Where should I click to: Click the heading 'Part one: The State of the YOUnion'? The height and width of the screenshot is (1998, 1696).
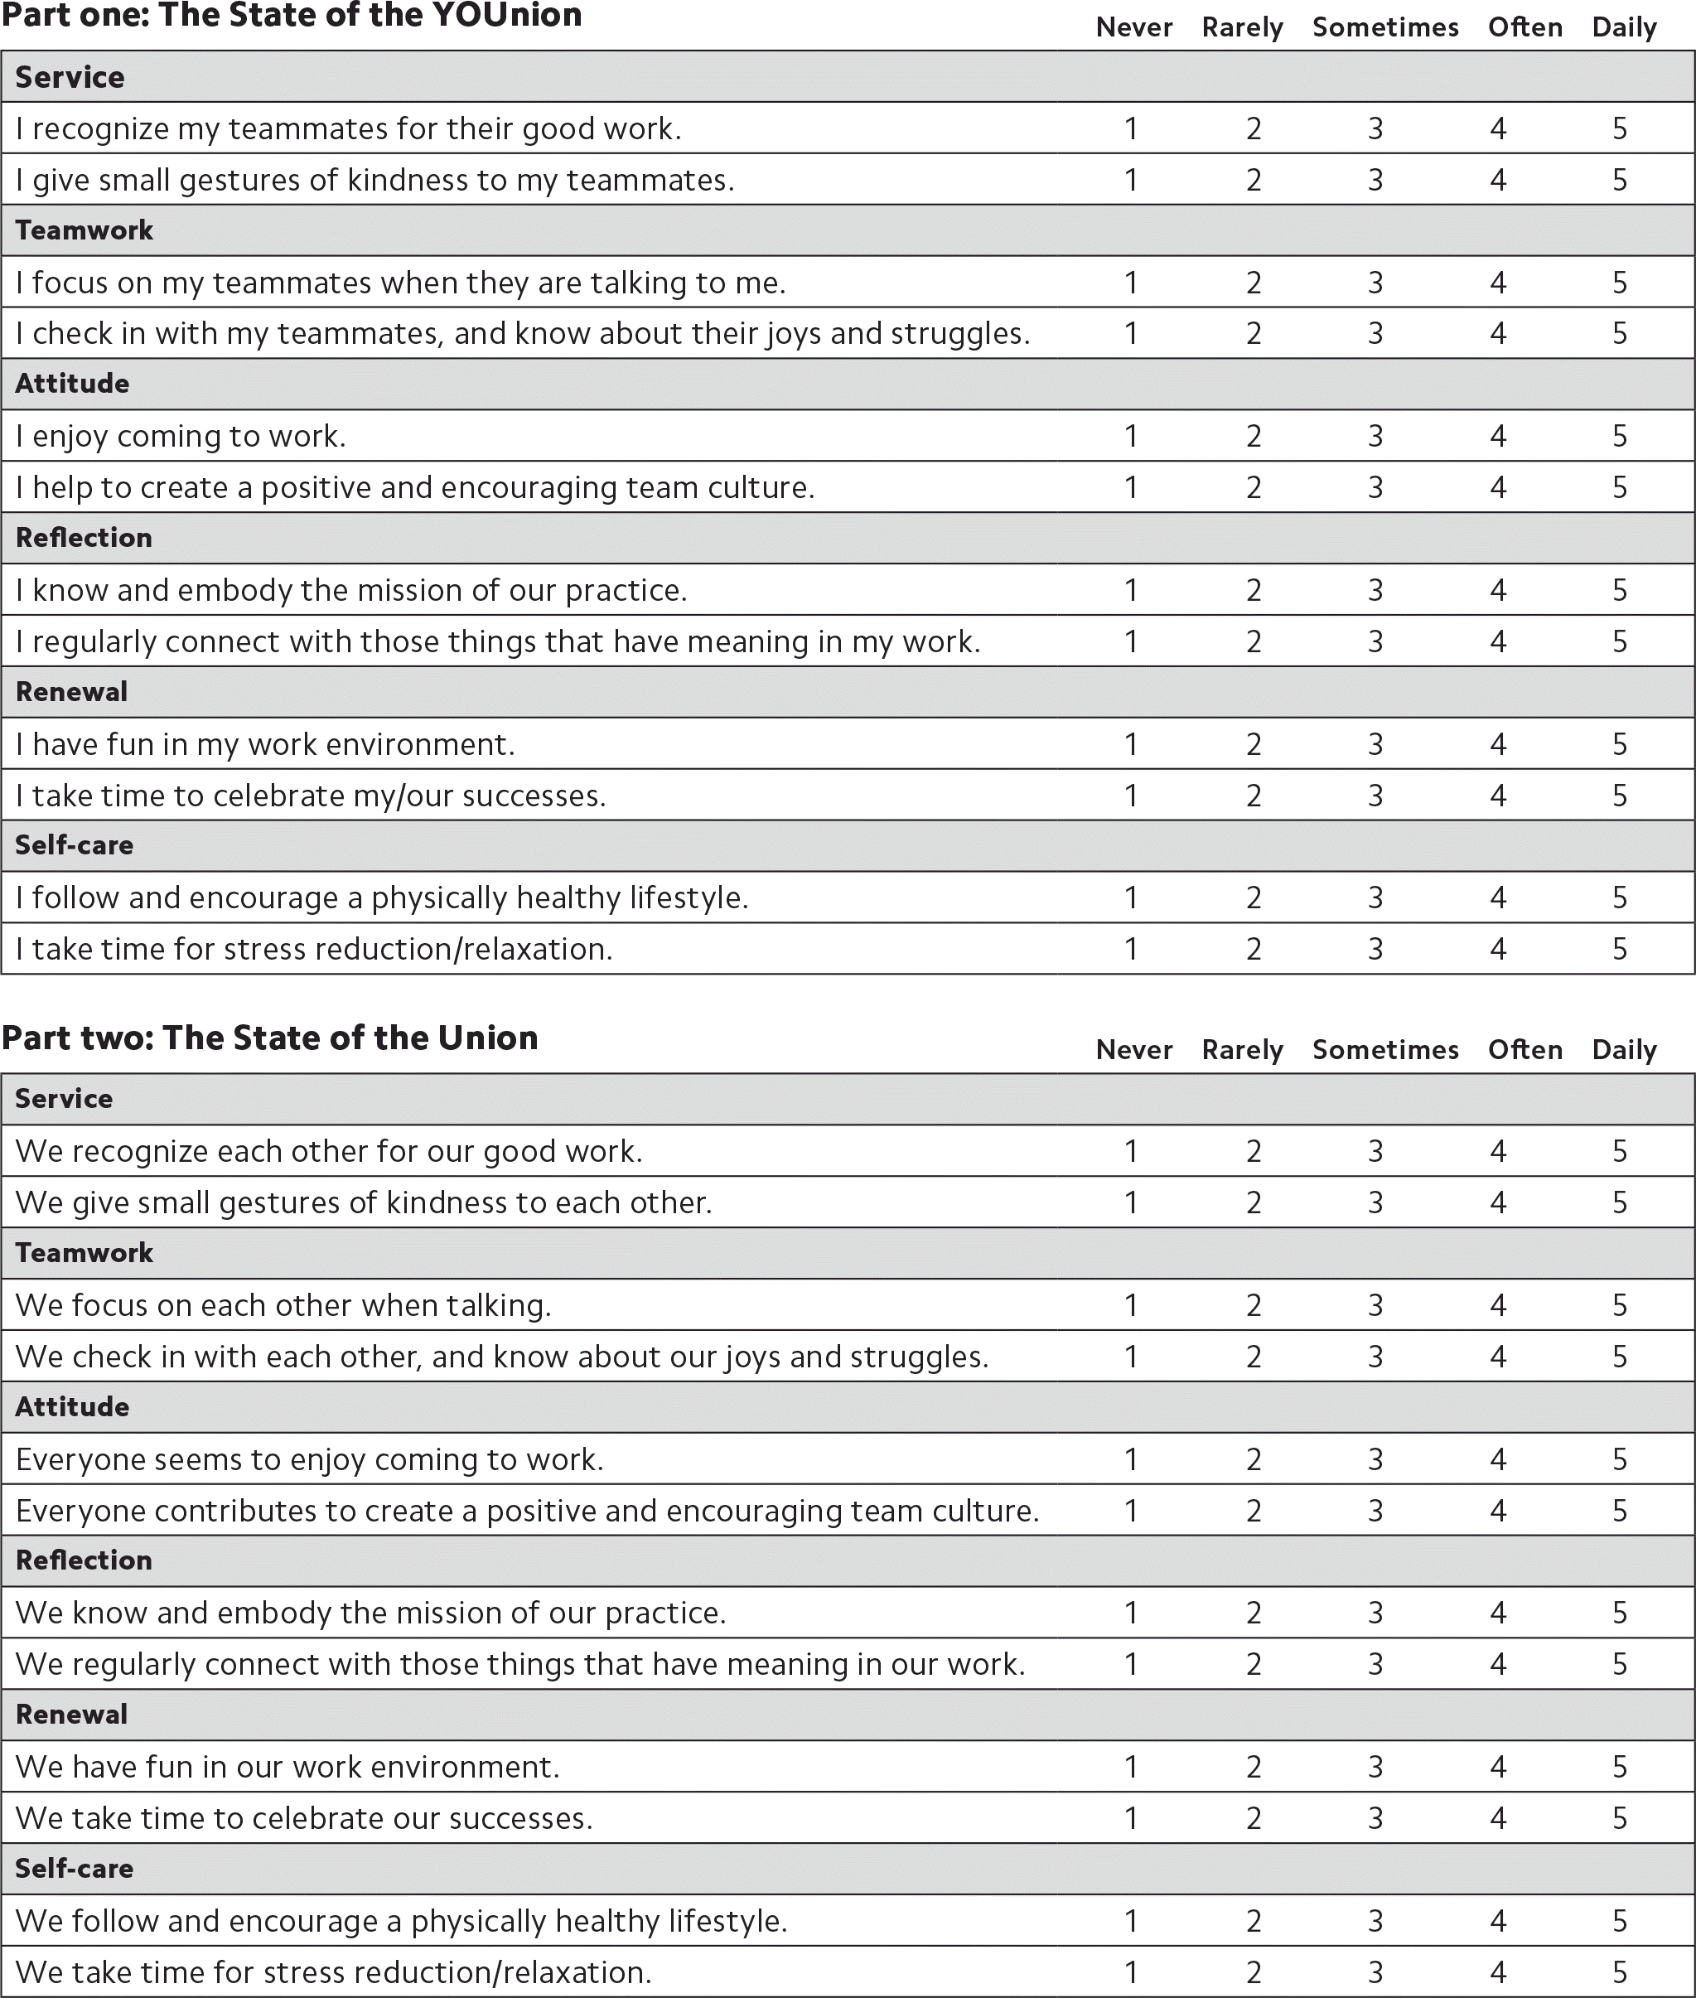[292, 17]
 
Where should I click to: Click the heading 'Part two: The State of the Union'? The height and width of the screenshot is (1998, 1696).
[269, 1038]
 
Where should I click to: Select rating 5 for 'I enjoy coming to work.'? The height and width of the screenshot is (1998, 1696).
[1620, 437]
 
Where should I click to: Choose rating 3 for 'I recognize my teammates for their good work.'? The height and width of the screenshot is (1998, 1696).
[1376, 128]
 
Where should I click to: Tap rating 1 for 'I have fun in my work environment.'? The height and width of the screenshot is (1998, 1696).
[1131, 744]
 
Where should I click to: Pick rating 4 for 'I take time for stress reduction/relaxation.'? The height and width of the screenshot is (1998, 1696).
[1498, 949]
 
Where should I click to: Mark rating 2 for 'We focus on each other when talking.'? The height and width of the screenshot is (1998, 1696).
[1254, 1304]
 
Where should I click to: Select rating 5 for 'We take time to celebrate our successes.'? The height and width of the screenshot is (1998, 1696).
[1620, 1818]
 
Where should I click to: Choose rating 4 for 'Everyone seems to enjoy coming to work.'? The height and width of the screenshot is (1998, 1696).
[1498, 1459]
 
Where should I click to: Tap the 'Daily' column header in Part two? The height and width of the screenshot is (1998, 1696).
[1624, 1050]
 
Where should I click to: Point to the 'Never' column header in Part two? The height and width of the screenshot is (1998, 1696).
[1133, 1050]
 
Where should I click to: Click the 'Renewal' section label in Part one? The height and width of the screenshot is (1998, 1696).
[71, 692]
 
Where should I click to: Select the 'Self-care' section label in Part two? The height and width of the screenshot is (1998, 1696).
[74, 1868]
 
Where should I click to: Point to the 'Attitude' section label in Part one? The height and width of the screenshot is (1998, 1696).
[72, 384]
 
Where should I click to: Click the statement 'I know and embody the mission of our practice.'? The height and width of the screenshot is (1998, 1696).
[351, 590]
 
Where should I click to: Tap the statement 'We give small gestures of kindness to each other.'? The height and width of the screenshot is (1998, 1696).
[364, 1202]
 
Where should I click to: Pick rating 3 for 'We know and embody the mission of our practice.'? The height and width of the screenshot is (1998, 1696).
[1376, 1613]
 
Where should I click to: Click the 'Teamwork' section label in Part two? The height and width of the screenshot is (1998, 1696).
[85, 1253]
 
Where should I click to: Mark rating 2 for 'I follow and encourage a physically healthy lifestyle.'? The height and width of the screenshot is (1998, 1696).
[1254, 898]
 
